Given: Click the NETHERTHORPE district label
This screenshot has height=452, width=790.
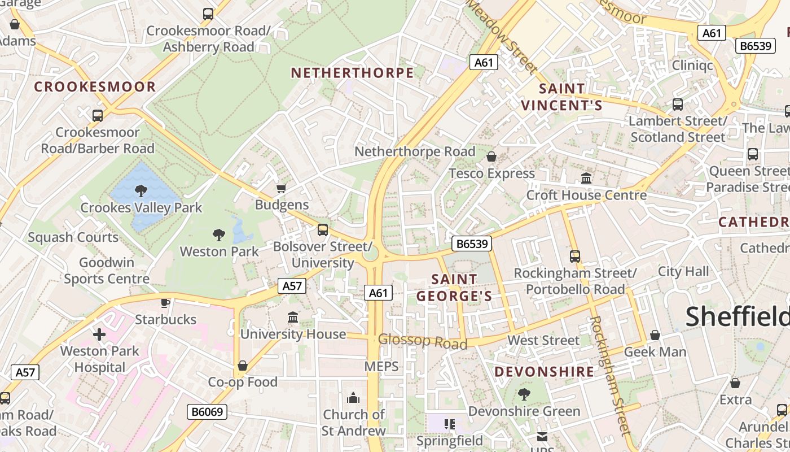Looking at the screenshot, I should pyautogui.click(x=352, y=73).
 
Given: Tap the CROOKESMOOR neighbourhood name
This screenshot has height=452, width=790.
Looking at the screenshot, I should pyautogui.click(x=95, y=86).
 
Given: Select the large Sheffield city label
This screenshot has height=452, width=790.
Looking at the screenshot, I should pyautogui.click(x=737, y=316).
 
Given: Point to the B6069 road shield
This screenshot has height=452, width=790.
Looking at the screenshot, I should pyautogui.click(x=207, y=412).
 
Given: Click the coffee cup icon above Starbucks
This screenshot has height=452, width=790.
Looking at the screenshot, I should pyautogui.click(x=165, y=303).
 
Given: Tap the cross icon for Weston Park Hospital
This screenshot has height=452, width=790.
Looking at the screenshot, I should pyautogui.click(x=99, y=334).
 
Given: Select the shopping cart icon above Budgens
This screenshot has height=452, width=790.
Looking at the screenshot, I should pyautogui.click(x=281, y=188).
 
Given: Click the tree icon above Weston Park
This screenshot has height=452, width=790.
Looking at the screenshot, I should pyautogui.click(x=219, y=234).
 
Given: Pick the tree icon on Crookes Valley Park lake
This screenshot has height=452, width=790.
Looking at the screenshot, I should pyautogui.click(x=141, y=191).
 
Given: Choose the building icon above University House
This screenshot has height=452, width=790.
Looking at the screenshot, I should pyautogui.click(x=293, y=318).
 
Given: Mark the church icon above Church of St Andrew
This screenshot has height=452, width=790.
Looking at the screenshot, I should pyautogui.click(x=353, y=398).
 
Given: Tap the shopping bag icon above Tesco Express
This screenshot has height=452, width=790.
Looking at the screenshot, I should pyautogui.click(x=491, y=157).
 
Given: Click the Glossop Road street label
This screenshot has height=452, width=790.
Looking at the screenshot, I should pyautogui.click(x=423, y=341).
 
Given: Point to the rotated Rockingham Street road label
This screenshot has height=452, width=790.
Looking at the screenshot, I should pyautogui.click(x=609, y=376).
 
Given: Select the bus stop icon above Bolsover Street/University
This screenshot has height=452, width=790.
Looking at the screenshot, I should pyautogui.click(x=323, y=230).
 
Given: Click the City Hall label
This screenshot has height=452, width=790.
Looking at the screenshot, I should pyautogui.click(x=683, y=271).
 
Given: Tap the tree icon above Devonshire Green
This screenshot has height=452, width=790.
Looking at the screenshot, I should pyautogui.click(x=524, y=394).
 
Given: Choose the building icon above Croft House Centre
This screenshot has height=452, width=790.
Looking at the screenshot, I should pyautogui.click(x=586, y=179).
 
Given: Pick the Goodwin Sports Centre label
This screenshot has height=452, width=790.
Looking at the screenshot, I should pyautogui.click(x=106, y=271).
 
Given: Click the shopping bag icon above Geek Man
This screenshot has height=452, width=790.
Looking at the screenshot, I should pyautogui.click(x=655, y=336).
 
